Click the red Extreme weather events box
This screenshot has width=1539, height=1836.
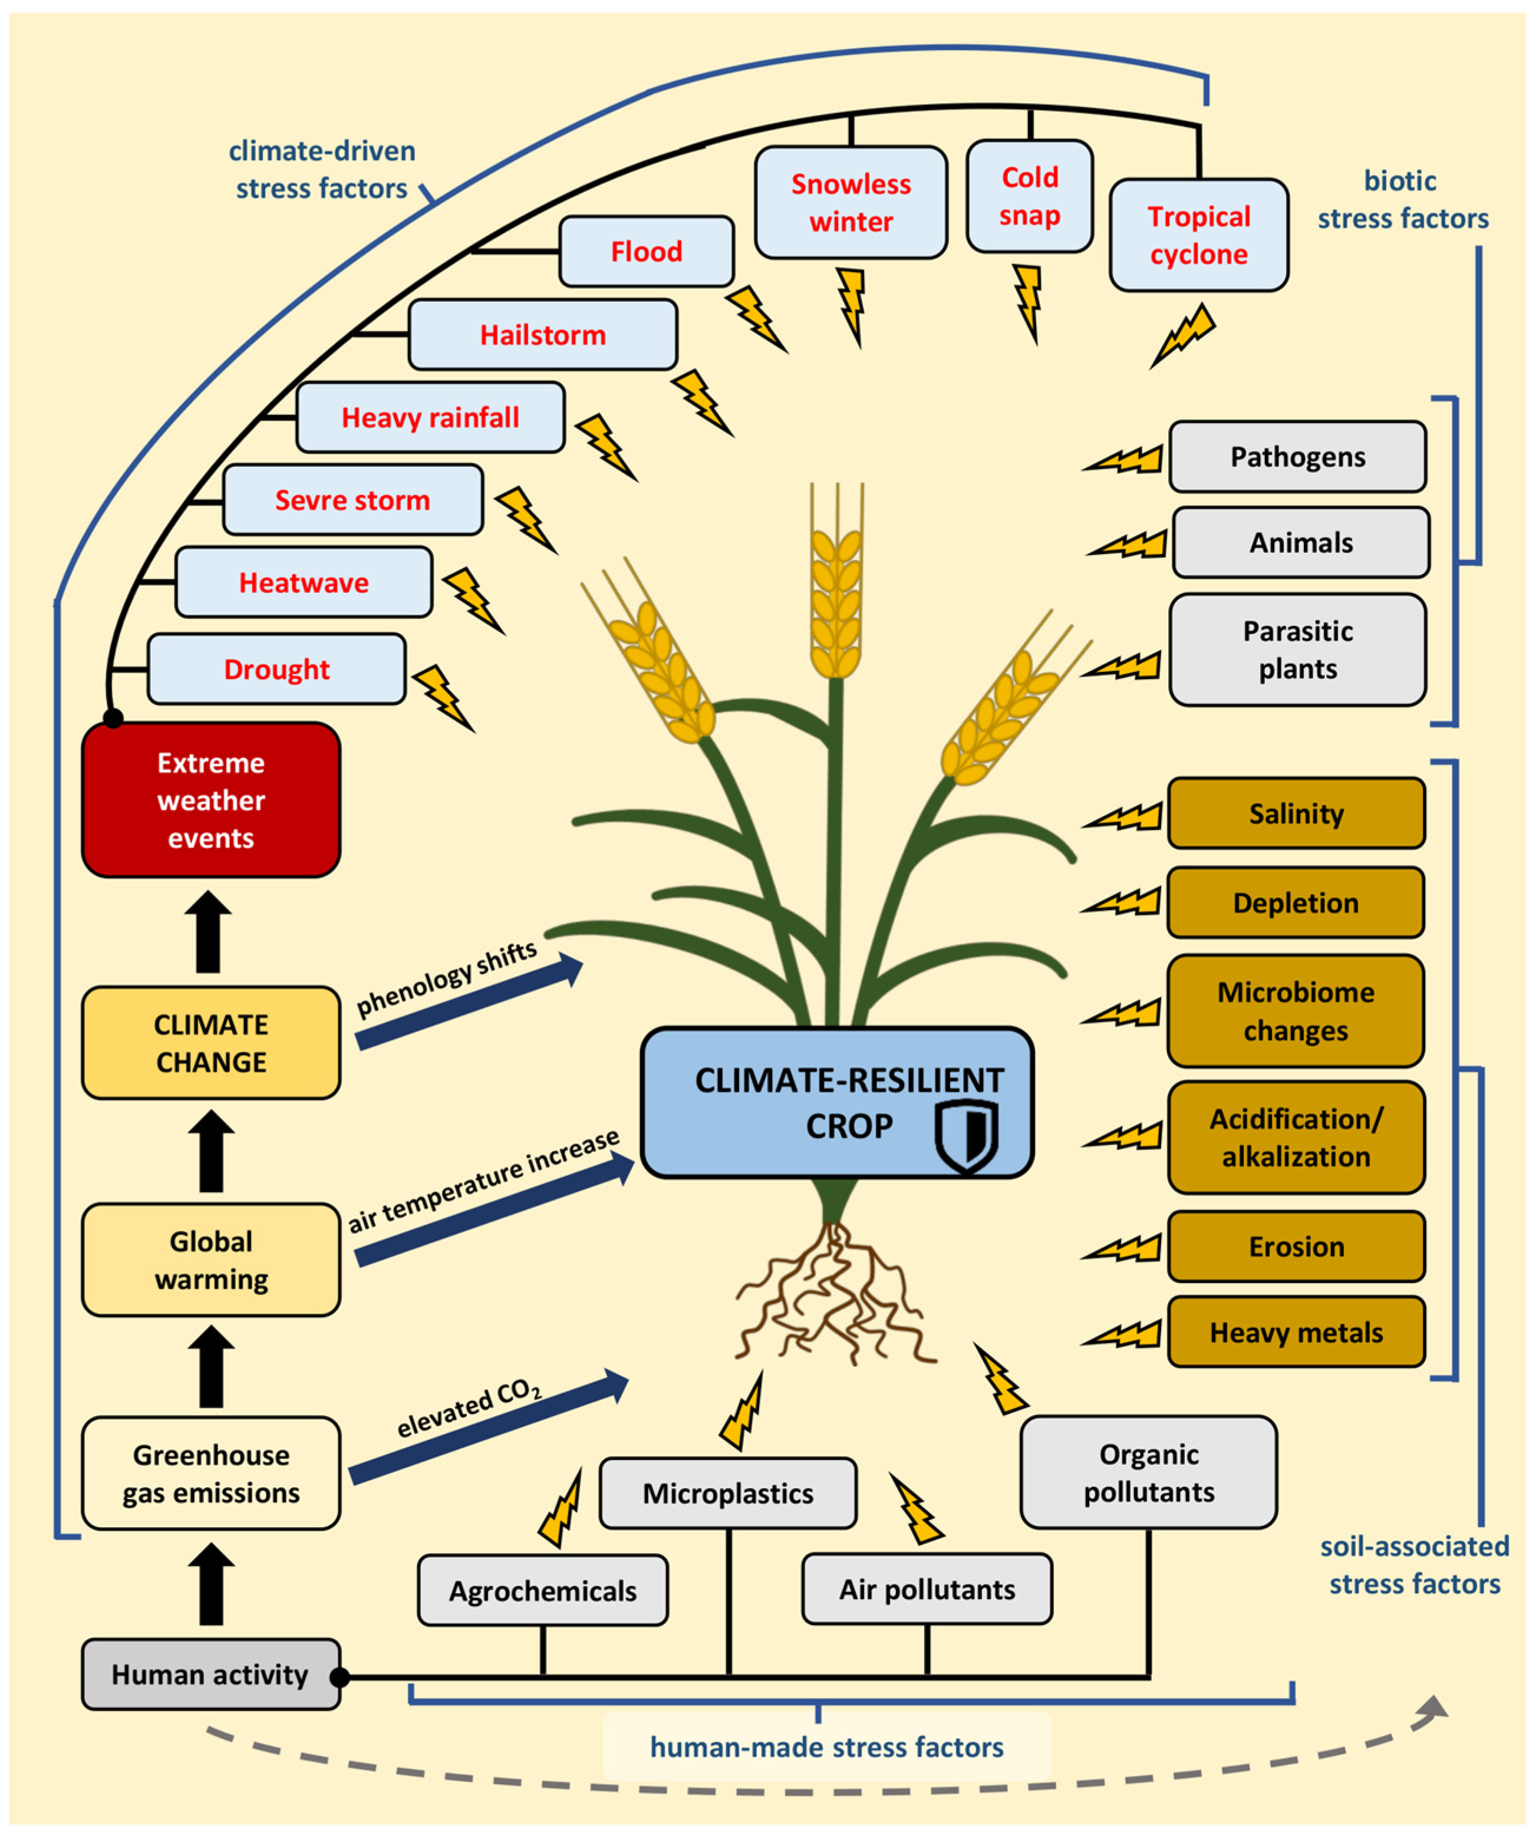[x=211, y=800]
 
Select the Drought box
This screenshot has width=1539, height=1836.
[x=276, y=669]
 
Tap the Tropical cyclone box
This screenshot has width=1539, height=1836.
[x=1199, y=235]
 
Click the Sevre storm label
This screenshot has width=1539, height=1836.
[x=352, y=500]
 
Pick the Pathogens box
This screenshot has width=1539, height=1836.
[x=1298, y=456]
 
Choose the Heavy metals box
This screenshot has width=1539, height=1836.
[x=1296, y=1333]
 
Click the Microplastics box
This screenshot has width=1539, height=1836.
[x=727, y=1494]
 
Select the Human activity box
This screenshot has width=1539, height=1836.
[x=210, y=1675]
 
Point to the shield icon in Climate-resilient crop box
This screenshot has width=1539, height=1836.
[x=966, y=1135]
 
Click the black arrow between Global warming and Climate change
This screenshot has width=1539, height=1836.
[x=211, y=1151]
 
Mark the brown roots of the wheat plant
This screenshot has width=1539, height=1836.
[x=835, y=1294]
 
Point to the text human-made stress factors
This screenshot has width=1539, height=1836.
[x=826, y=1747]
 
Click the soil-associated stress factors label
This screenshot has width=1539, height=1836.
[x=1414, y=1565]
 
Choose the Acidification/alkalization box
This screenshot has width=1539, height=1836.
[x=1296, y=1138]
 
